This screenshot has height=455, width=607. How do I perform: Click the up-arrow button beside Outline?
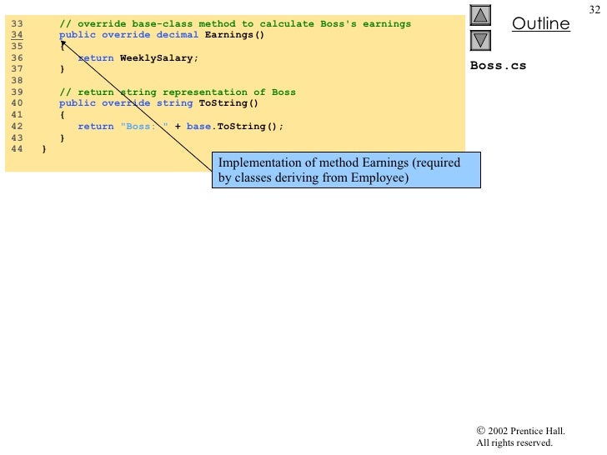[x=481, y=16]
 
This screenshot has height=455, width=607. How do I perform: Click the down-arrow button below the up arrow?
[x=481, y=40]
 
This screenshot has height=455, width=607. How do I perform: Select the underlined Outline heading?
[x=540, y=23]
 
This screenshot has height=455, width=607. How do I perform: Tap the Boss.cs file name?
[x=498, y=66]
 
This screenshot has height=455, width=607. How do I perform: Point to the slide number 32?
[x=594, y=8]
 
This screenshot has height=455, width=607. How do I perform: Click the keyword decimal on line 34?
[x=178, y=35]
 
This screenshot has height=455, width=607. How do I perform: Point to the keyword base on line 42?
[x=199, y=126]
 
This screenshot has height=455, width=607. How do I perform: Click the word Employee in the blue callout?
[x=379, y=177]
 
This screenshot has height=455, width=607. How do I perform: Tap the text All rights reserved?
[x=514, y=442]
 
